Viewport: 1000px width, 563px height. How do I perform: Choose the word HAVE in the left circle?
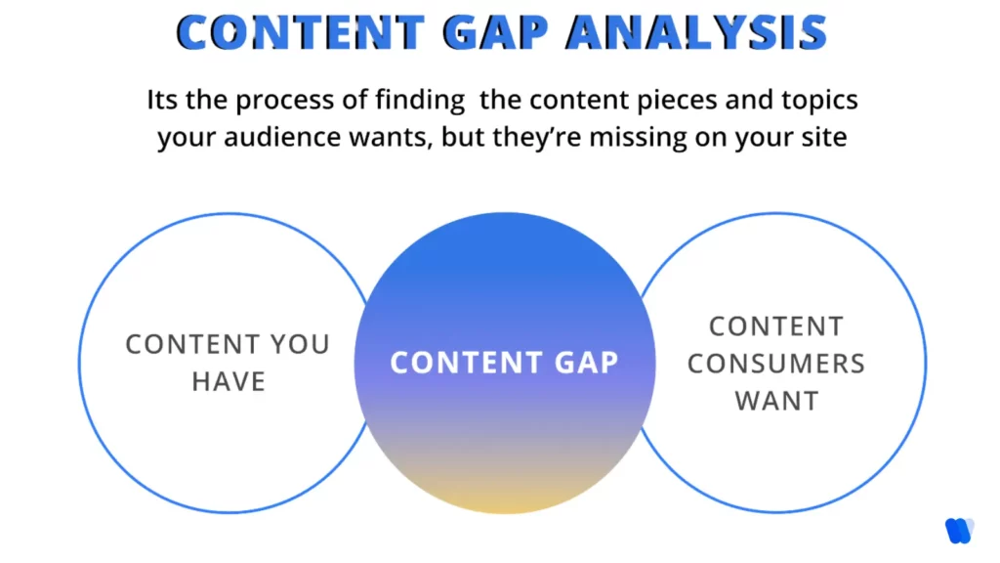(229, 381)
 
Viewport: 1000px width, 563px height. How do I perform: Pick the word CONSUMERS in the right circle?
(776, 364)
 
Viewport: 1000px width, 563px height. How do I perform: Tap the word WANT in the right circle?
(776, 401)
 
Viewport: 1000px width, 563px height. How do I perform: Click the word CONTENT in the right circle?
(776, 326)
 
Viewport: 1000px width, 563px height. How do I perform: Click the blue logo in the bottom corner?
(959, 530)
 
